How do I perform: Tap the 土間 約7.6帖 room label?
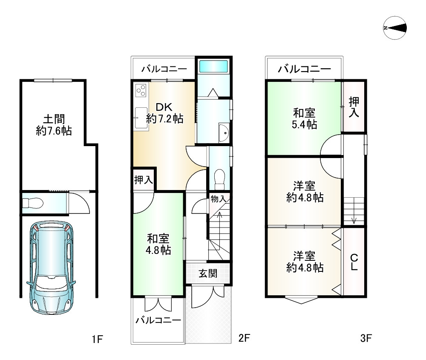click(x=53, y=124)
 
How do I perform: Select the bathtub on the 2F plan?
click(x=213, y=67)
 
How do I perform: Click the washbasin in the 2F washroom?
click(x=223, y=133)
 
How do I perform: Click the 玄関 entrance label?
click(x=208, y=273)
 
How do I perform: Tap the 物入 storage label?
click(x=218, y=199)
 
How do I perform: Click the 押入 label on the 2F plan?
click(x=143, y=179)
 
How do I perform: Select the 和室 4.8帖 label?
click(x=159, y=244)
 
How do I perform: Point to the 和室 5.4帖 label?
click(x=304, y=119)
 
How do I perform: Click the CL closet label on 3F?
click(x=354, y=262)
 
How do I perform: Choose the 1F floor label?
click(x=97, y=339)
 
